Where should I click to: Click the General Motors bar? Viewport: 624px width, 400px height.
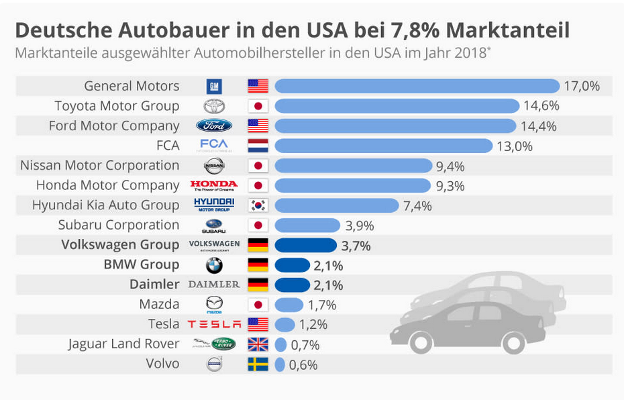click(417, 86)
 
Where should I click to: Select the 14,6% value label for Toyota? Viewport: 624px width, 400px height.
click(541, 105)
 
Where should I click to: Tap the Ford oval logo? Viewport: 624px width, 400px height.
click(214, 126)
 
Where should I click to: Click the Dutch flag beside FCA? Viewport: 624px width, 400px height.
click(258, 146)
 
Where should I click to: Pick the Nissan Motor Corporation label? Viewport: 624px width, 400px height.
click(100, 165)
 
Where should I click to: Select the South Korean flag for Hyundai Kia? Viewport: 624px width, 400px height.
click(258, 205)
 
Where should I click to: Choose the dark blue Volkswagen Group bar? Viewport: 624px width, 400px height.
click(305, 245)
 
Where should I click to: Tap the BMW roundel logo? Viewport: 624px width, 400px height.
click(214, 265)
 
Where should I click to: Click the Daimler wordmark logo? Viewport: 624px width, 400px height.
click(214, 285)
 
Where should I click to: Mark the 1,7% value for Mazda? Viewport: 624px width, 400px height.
click(322, 305)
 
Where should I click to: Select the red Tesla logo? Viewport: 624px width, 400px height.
click(214, 324)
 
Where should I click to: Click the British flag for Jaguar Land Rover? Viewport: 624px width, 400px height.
click(258, 344)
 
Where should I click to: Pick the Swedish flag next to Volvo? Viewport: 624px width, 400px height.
click(258, 364)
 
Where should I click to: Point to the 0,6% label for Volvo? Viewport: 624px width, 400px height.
click(303, 364)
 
